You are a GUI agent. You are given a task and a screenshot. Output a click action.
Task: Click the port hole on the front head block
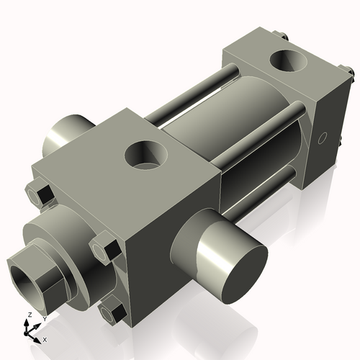coord(145,154)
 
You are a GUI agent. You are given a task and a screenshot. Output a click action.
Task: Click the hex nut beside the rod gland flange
coord(106,248)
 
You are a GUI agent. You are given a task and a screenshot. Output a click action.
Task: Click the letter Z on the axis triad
coord(28,315)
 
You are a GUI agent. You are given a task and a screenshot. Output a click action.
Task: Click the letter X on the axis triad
coord(45,338)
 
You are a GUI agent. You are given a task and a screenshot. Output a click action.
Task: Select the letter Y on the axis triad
coord(43,318)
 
